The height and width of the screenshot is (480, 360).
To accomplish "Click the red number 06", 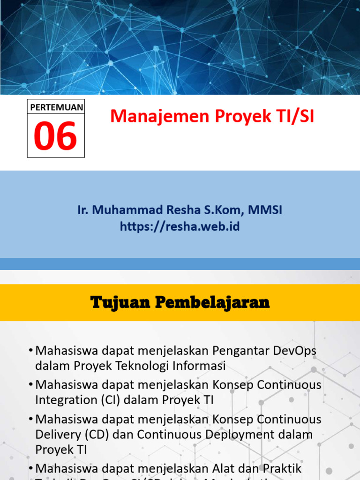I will click(56, 135).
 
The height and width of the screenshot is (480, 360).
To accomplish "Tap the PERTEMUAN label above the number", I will click(56, 107).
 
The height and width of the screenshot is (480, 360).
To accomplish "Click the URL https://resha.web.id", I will click(180, 227).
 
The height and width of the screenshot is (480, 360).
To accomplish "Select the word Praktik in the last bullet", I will click(283, 469).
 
